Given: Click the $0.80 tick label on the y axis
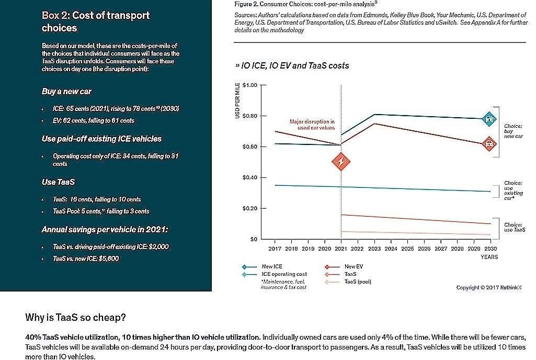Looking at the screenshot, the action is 249,116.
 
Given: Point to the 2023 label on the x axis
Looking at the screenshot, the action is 374,249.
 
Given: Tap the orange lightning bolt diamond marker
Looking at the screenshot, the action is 341,162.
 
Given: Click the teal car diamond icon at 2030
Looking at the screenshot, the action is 489,119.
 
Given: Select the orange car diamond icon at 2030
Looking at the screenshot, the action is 489,144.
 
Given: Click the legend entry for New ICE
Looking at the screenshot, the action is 262,266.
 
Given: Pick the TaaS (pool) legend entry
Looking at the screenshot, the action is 348,282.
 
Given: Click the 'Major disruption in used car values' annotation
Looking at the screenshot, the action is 312,125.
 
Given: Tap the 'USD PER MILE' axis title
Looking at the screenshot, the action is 237,100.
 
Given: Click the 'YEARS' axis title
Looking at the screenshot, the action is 489,257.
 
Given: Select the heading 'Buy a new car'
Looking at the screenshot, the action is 66,92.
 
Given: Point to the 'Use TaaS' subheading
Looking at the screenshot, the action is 58,182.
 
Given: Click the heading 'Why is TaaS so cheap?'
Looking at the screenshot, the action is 75,318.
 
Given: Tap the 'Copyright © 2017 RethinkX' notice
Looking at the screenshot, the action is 489,288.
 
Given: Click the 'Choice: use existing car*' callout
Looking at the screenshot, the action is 513,190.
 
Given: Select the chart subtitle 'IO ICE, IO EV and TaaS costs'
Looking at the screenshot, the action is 292,66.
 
